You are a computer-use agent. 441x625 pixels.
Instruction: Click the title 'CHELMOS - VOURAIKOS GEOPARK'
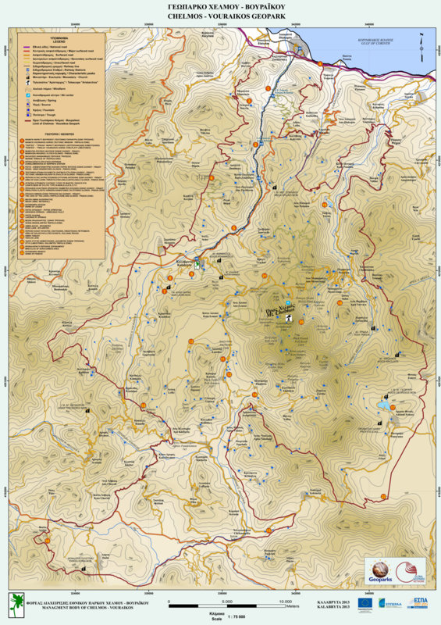(x=220, y=15)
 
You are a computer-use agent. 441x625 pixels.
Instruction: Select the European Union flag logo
(x=365, y=602)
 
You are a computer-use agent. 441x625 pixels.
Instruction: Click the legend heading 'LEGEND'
(x=59, y=41)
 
